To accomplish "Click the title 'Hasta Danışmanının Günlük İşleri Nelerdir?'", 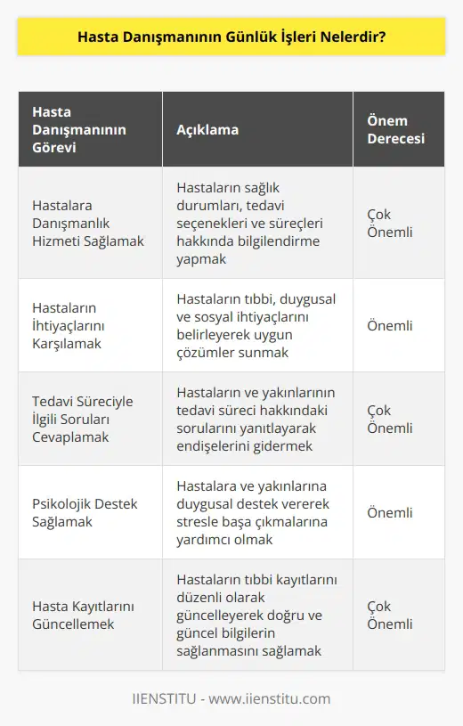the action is (231, 40).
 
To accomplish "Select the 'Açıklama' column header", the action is (207, 129).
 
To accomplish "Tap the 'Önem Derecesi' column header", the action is (395, 129).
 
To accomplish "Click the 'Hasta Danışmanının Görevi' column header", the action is (78, 129).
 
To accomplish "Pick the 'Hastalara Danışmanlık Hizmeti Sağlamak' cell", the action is (89, 223).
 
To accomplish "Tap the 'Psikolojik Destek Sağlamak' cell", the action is (85, 512).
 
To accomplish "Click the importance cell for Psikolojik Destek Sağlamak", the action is (390, 512).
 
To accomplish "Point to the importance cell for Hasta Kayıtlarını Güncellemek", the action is (390, 615).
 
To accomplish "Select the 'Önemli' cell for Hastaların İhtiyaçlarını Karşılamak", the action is (390, 325).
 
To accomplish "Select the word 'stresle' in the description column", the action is (199, 521).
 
